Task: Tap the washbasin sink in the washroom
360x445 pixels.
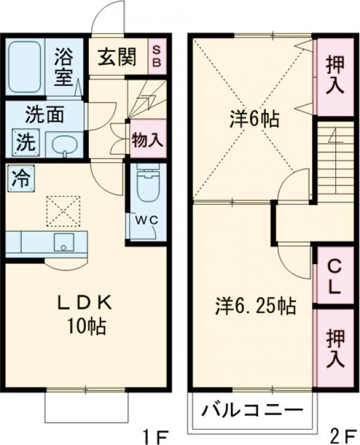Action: (63, 144)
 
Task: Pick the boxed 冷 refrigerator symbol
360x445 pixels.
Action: (20, 178)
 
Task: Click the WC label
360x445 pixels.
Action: (146, 220)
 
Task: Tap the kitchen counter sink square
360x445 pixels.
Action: (63, 243)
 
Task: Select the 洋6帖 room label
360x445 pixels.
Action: (253, 119)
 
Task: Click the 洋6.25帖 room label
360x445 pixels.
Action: (254, 306)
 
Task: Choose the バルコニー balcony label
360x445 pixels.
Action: (251, 412)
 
